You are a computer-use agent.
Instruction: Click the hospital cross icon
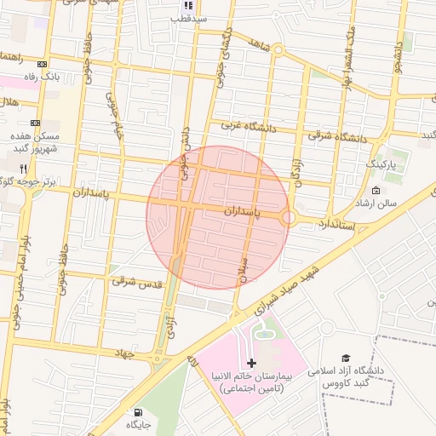click(251, 363)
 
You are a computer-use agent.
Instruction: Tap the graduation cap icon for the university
click(345, 359)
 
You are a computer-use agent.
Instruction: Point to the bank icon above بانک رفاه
click(43, 65)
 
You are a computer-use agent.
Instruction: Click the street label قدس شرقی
click(136, 280)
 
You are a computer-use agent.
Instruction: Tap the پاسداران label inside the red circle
click(246, 209)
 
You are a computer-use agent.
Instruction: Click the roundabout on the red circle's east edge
click(290, 218)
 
